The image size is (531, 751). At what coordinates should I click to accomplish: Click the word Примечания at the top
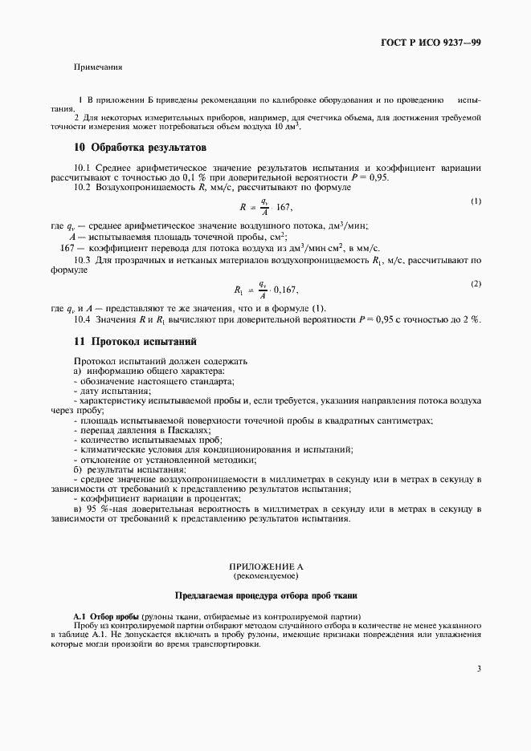[98, 67]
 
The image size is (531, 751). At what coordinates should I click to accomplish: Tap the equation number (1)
[476, 201]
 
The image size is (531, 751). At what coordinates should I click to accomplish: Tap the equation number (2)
[476, 285]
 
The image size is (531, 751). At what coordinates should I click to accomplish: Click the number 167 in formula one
[287, 206]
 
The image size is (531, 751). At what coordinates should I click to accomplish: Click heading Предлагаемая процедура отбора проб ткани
[264, 596]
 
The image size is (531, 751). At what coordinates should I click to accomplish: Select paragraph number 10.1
[84, 168]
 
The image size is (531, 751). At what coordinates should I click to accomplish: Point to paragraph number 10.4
[84, 319]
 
